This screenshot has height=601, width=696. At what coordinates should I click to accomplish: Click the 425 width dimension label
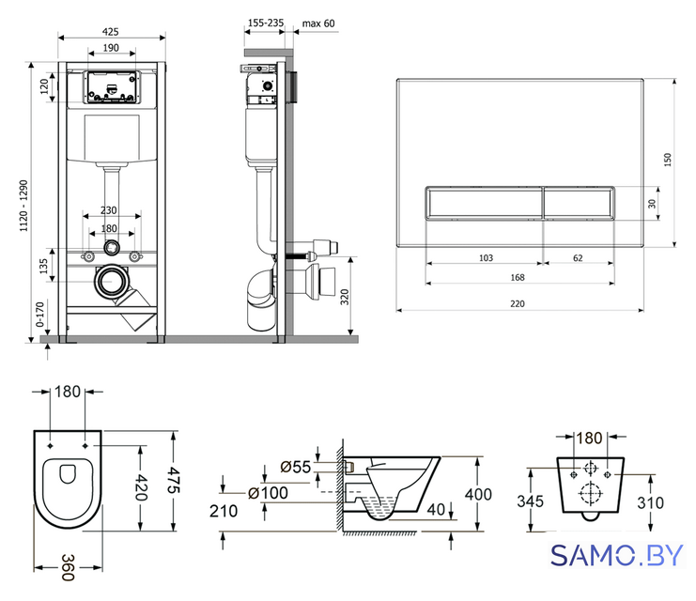coord(111,32)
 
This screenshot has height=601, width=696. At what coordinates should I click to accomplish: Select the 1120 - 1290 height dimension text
coord(23,206)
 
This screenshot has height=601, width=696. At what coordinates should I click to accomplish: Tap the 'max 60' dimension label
coord(318,23)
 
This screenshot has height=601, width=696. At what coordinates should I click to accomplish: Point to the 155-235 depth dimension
coord(266,23)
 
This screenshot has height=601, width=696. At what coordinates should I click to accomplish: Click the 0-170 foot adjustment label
coord(40,315)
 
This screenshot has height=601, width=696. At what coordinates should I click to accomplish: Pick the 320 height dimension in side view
coord(345,297)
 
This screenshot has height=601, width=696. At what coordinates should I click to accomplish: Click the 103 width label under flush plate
coord(486,258)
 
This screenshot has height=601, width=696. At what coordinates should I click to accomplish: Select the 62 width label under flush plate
coord(578,258)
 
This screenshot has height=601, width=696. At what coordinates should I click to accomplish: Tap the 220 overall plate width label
coord(518,303)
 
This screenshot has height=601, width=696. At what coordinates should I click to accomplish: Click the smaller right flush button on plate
coord(579,203)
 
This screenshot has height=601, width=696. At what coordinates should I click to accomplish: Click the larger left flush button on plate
coord(485,203)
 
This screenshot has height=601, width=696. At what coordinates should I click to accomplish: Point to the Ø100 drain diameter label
coord(268,493)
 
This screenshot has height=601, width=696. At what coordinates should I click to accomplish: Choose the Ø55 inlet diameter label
coord(296,467)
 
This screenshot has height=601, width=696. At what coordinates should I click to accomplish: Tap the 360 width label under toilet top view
coord(68,567)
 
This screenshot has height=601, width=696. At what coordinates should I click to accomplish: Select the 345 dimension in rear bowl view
coord(530,501)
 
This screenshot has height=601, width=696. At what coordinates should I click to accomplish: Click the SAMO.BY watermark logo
coord(616,555)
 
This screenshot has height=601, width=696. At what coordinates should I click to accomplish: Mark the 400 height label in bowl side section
coord(478,494)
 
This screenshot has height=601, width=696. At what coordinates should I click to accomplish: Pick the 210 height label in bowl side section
coord(224,511)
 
